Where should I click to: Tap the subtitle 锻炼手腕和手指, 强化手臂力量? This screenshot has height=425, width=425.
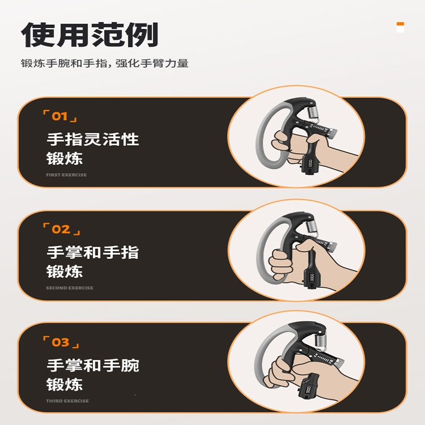[105, 64]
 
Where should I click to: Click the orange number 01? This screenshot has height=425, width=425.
[59, 116]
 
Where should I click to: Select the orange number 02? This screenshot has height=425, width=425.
[61, 229]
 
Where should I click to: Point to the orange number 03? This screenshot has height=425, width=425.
[61, 343]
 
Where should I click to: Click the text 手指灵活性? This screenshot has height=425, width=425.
[92, 139]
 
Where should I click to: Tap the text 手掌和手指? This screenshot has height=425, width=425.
[92, 252]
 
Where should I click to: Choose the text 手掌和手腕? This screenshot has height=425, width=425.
[92, 365]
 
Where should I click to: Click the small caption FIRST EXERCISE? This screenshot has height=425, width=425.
[66, 175]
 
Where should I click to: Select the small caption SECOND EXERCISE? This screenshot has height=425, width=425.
[70, 288]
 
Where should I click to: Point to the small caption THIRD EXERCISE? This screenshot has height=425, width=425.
[67, 401]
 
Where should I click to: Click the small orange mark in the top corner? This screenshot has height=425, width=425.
[400, 24]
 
